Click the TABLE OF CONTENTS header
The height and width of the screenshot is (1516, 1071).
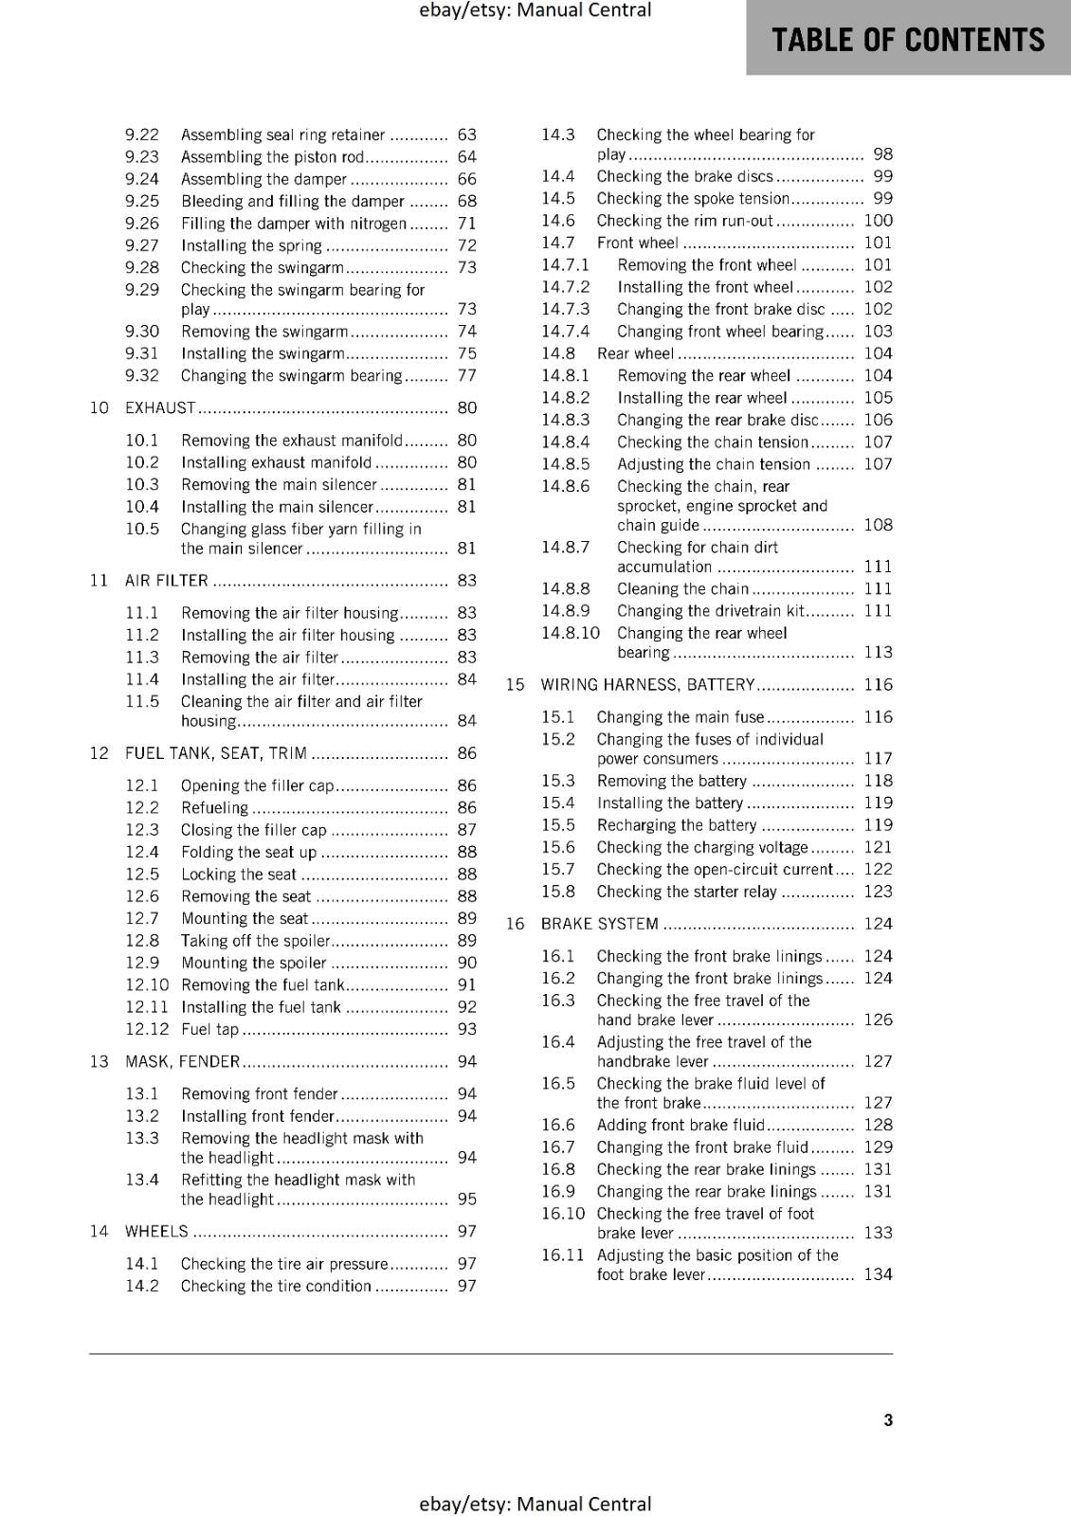908,40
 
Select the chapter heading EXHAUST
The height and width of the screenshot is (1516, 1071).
160,408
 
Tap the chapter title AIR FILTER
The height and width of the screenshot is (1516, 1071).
167,581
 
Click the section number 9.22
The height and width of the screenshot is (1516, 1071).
142,135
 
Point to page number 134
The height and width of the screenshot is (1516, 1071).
878,1274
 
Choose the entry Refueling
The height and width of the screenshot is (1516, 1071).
214,808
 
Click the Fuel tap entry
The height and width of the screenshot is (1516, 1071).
209,1029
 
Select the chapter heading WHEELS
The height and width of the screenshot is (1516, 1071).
156,1232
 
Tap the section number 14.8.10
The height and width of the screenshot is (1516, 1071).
571,633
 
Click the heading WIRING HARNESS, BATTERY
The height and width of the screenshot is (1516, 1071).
647,685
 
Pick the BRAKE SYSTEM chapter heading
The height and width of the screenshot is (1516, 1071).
599,924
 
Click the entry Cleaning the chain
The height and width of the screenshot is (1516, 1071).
682,588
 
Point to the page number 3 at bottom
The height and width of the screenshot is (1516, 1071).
888,1420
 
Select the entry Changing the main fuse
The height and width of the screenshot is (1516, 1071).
680,717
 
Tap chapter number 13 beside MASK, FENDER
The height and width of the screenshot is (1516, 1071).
100,1061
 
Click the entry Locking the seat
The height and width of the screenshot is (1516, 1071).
239,875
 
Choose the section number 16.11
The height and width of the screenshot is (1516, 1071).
563,1255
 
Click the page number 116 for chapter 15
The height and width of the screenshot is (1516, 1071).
878,685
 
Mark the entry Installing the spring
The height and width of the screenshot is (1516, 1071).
251,245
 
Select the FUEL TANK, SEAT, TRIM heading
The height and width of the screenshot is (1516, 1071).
216,753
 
